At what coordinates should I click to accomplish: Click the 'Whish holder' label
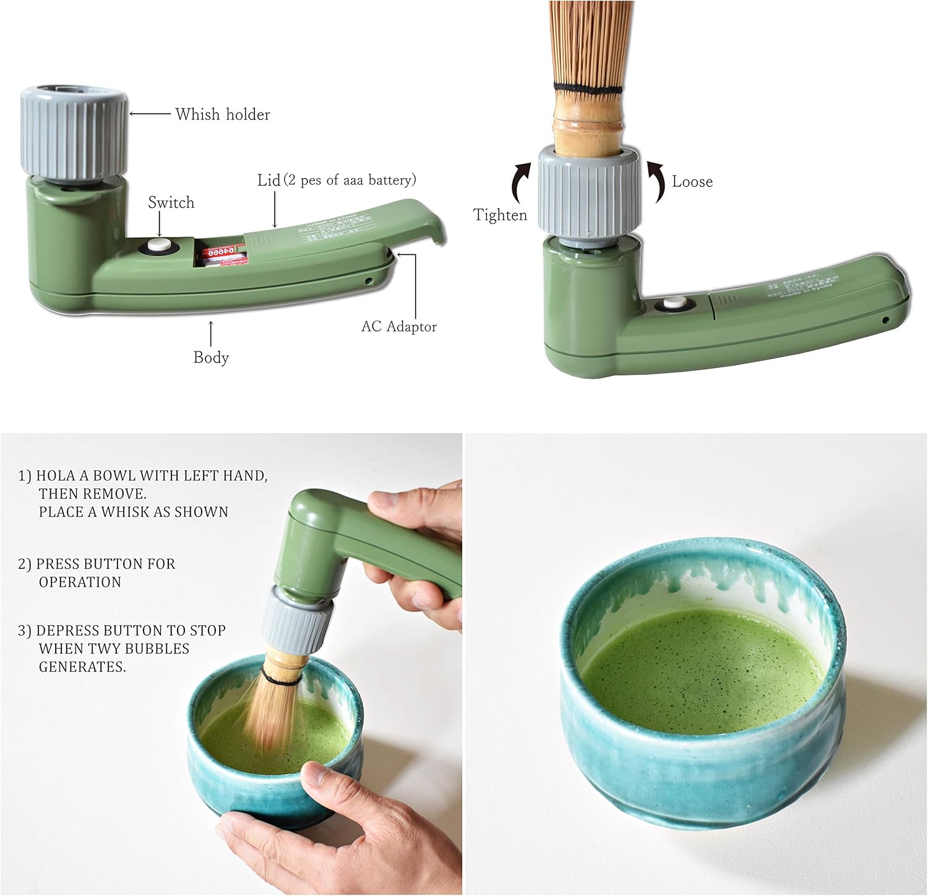pyautogui.click(x=223, y=114)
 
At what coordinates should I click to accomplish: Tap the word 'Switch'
pyautogui.click(x=171, y=203)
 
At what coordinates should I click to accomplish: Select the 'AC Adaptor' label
pyautogui.click(x=399, y=327)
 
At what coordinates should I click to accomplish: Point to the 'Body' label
pyautogui.click(x=211, y=358)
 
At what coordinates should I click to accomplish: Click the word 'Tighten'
pyautogui.click(x=500, y=215)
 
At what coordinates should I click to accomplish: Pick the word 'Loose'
pyautogui.click(x=692, y=182)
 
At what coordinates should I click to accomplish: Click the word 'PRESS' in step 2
pyautogui.click(x=57, y=564)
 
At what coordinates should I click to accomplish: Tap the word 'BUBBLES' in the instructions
pyautogui.click(x=159, y=648)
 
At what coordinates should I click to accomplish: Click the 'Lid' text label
pyautogui.click(x=269, y=180)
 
